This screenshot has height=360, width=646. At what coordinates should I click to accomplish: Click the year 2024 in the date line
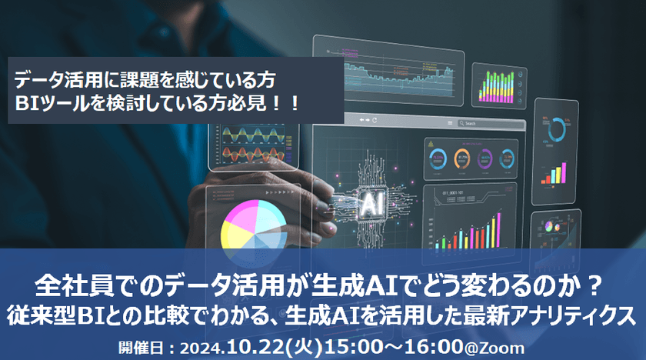[198, 346]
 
